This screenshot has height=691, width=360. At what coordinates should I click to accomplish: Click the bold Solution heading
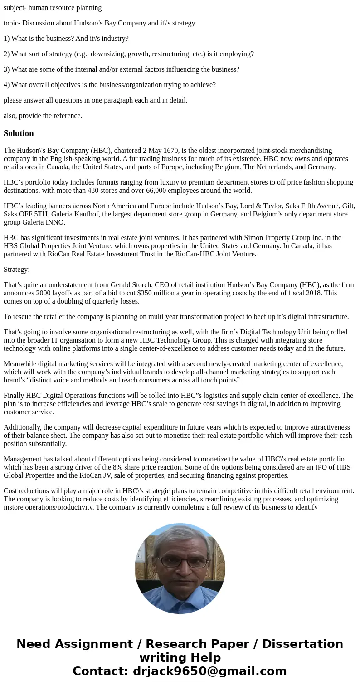[19, 133]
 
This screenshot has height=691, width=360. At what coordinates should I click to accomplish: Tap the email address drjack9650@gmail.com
[210, 671]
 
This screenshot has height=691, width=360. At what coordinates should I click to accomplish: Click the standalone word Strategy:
[17, 270]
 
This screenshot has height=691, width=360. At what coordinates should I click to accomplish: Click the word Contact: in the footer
[100, 671]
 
